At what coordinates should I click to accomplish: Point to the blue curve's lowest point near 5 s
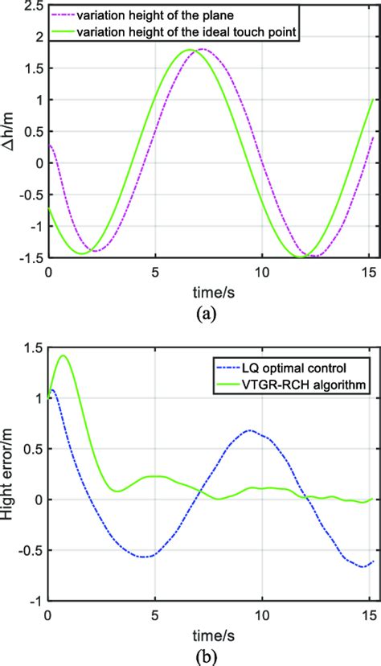coord(146,557)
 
